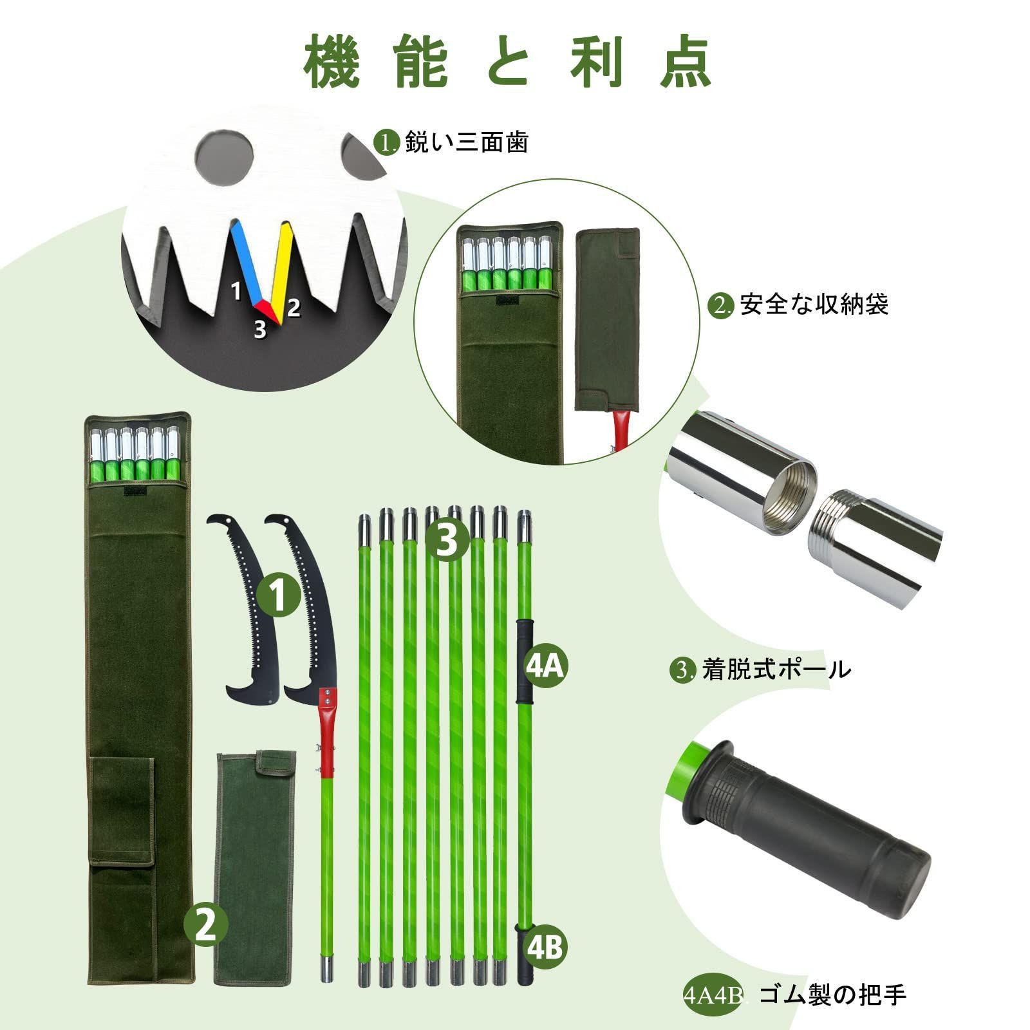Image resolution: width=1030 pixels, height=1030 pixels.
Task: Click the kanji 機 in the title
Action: (x=332, y=62)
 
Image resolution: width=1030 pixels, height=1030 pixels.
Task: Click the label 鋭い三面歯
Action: (x=467, y=142)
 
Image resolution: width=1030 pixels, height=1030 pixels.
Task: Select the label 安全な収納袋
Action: (x=814, y=304)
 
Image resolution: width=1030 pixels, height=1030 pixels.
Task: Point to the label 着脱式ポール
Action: (x=776, y=670)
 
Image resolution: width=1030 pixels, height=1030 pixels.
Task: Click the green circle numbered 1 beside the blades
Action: (x=279, y=595)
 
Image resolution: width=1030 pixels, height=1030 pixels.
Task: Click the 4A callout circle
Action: (x=545, y=668)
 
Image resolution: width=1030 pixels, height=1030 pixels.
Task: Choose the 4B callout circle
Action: (x=545, y=947)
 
